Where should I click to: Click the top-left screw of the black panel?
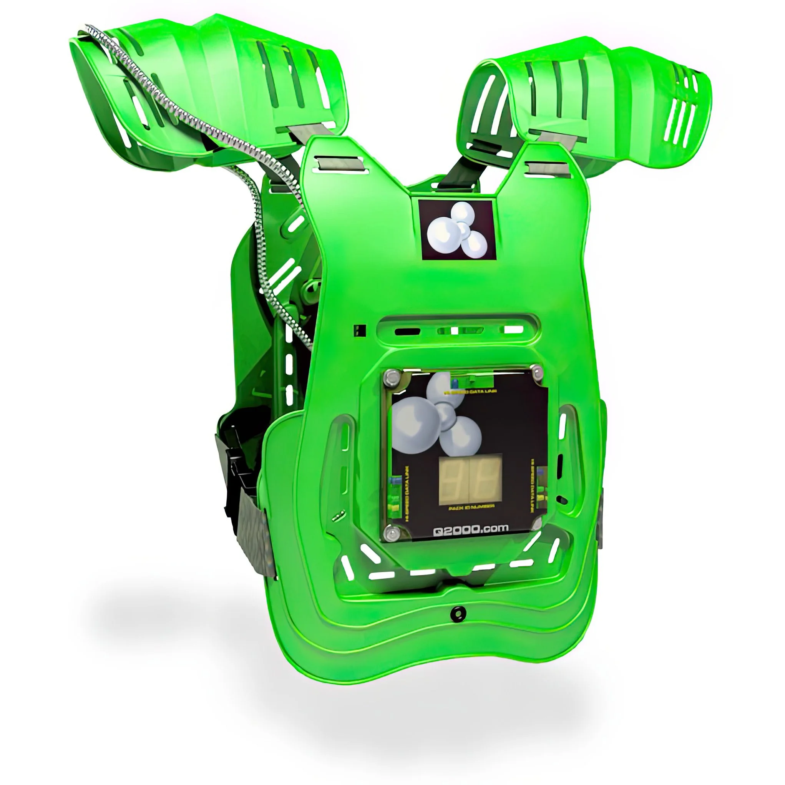pyautogui.click(x=392, y=376)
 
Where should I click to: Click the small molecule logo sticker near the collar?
pyautogui.click(x=458, y=229)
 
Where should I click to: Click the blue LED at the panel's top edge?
pyautogui.click(x=454, y=383)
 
